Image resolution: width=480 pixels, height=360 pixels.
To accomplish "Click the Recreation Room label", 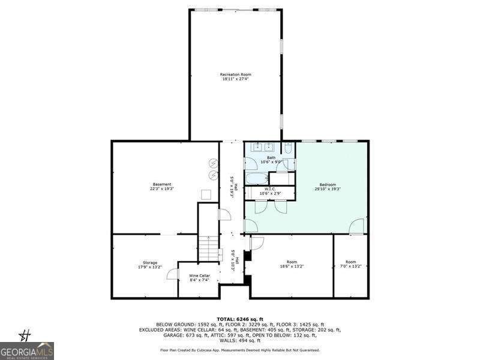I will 235,74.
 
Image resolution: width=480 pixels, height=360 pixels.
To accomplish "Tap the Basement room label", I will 162,184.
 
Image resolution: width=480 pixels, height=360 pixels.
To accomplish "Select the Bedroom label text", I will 328,184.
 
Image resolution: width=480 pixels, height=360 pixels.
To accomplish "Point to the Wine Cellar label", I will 199,275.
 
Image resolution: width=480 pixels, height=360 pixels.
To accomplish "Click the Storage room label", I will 150,263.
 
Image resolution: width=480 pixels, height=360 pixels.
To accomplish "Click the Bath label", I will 271,158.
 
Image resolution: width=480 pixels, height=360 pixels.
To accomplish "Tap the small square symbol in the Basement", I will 205,194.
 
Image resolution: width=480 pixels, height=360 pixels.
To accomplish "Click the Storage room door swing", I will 173,274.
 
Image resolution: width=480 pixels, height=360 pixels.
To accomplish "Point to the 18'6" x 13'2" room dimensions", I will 292,266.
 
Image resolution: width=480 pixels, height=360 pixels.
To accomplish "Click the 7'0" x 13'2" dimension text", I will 351,266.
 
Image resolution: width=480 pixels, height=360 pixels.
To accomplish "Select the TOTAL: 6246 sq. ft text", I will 239,319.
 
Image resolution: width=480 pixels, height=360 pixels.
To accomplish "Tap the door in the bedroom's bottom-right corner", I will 357,227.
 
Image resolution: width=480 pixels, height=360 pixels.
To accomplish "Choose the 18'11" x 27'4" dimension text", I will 235,79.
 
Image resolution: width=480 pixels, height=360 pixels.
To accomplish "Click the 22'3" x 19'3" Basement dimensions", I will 162,189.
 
